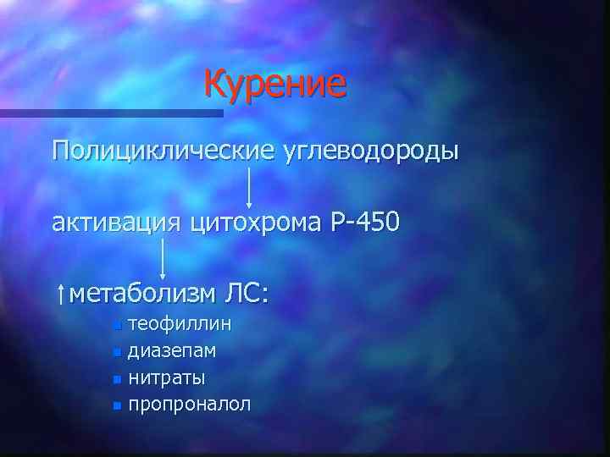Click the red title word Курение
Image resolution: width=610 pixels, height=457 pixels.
tap(275, 85)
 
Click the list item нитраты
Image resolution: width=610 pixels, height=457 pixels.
tap(167, 377)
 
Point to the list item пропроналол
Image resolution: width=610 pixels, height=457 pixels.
tap(190, 404)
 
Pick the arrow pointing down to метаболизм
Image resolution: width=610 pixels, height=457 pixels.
tap(163, 258)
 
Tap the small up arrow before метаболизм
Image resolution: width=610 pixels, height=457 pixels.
tap(58, 295)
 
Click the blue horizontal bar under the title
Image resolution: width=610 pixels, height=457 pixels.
tap(110, 113)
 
